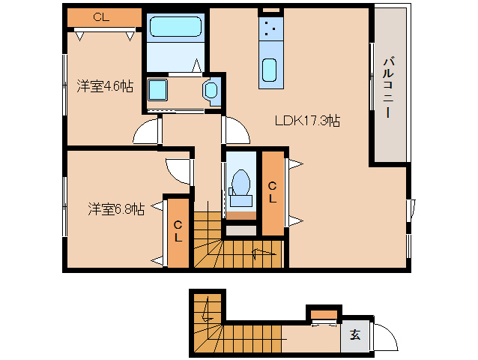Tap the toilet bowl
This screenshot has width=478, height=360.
[241, 183]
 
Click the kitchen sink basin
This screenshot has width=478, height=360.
[270, 69]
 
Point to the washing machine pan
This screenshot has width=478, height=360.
[159, 90]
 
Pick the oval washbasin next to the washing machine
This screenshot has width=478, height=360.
[211, 91]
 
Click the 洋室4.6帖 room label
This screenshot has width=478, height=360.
[105, 86]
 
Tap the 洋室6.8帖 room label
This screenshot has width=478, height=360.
[115, 208]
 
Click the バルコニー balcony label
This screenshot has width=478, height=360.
[388, 88]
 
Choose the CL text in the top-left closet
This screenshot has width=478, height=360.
[100, 16]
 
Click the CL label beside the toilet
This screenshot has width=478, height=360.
[272, 193]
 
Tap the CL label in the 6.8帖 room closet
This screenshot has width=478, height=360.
[178, 231]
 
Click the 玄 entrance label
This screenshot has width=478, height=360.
[354, 335]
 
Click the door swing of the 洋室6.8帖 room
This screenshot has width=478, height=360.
[178, 172]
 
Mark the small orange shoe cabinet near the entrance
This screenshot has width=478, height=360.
[324, 313]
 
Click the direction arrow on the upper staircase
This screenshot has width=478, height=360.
[264, 252]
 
